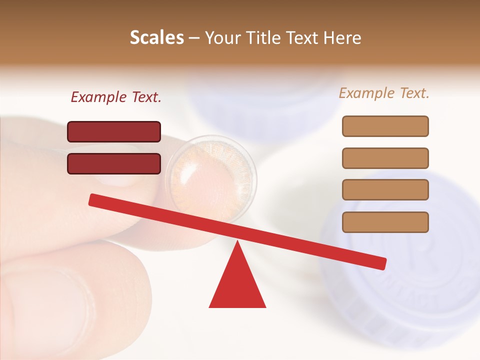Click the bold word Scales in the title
[x=157, y=37]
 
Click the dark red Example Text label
[x=116, y=97]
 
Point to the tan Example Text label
[x=384, y=93]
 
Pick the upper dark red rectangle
[x=114, y=131]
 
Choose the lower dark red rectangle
[x=114, y=163]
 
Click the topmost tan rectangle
[x=385, y=126]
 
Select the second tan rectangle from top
[x=385, y=158]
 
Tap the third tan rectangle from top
[x=385, y=189]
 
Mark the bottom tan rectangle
[x=385, y=221]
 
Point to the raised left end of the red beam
[x=95, y=200]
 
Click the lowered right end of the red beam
[x=380, y=263]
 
